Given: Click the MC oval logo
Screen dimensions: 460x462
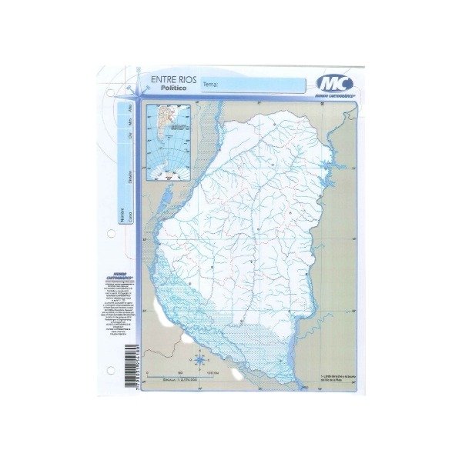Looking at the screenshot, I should click(334, 83).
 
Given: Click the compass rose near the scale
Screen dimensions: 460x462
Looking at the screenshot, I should click(200, 358).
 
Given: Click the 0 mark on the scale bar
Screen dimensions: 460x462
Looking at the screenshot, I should click(157, 372).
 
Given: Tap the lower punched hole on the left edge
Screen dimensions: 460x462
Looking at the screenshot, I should click(111, 372).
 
